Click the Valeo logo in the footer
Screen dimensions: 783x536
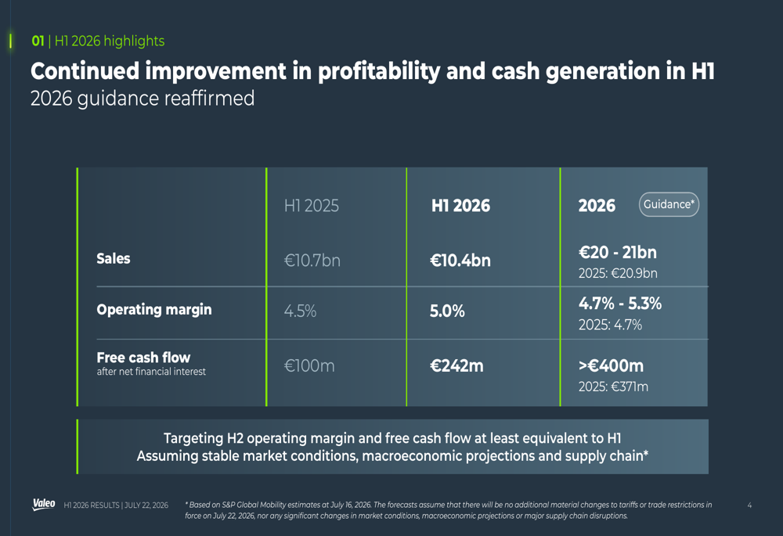(x=44, y=504)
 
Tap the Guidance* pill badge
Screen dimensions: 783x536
(x=669, y=204)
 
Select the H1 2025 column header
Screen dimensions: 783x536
(x=311, y=206)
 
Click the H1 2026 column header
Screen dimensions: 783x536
(x=460, y=206)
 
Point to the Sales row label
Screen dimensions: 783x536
(x=114, y=258)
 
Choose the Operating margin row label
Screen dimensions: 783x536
(x=153, y=310)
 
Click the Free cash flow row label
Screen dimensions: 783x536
(x=143, y=358)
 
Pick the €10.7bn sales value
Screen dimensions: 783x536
(x=312, y=261)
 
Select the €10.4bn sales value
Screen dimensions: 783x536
(x=460, y=261)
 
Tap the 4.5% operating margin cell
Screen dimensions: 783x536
(x=300, y=311)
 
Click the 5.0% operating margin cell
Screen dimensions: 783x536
(x=447, y=311)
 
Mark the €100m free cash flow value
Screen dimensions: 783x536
(x=309, y=366)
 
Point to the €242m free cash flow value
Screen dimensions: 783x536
(x=456, y=366)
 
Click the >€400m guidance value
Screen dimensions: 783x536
(x=611, y=366)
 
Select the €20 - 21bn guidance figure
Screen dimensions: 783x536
(x=617, y=253)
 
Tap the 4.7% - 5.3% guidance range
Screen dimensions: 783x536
(x=619, y=304)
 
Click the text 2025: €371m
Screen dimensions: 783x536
(x=613, y=387)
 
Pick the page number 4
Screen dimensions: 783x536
(x=749, y=505)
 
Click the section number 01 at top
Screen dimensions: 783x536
(x=38, y=41)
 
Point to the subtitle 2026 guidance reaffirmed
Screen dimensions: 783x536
(x=143, y=99)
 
